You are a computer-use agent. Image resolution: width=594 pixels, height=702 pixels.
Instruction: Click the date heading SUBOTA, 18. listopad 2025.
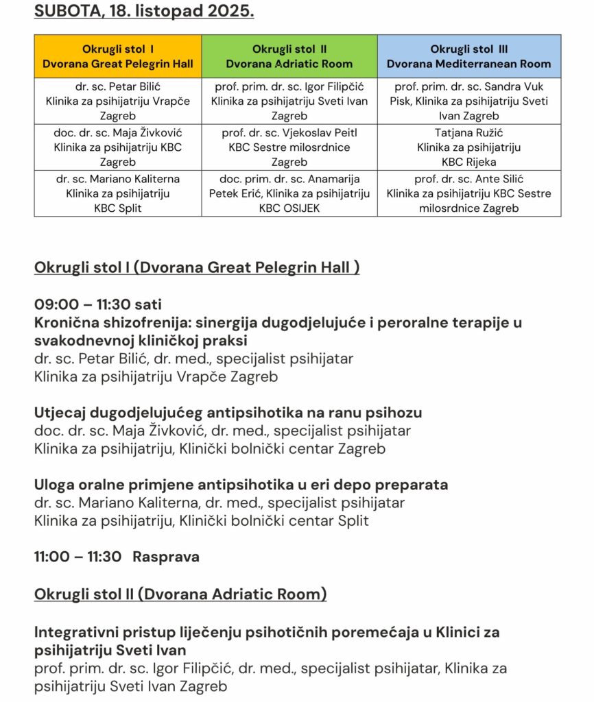pos(144,12)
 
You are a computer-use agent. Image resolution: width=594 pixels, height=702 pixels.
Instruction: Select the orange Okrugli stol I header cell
pos(118,56)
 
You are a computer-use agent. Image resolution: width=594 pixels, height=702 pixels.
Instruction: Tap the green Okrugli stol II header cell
pos(289,56)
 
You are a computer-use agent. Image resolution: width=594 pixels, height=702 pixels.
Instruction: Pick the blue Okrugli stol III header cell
pos(468,56)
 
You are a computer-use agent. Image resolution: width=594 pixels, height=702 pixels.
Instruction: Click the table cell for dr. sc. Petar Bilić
pos(118,101)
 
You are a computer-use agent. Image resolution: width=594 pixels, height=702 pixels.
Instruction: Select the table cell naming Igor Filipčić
pos(289,101)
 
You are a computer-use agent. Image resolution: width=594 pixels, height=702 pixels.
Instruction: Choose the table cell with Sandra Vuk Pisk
pos(468,101)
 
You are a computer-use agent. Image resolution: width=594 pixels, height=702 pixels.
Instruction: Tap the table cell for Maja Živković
pos(118,147)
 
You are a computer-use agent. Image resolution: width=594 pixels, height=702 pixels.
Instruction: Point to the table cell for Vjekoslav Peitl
pos(289,147)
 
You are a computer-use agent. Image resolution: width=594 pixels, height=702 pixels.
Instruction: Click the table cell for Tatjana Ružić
pos(468,147)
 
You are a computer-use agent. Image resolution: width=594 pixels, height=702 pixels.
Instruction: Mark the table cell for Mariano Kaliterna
pos(118,193)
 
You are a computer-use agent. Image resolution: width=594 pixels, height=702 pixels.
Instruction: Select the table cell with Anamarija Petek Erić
pos(289,193)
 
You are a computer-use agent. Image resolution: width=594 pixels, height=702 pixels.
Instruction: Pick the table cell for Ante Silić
pos(468,193)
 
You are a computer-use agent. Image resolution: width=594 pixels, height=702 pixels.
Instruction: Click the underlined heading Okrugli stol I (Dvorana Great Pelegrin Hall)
pos(197,267)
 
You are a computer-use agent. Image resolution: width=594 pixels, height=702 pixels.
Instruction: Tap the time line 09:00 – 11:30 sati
pos(98,304)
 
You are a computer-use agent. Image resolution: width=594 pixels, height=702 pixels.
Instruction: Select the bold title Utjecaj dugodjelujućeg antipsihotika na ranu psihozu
pos(228,413)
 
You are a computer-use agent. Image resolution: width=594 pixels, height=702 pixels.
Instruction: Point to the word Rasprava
pos(166,557)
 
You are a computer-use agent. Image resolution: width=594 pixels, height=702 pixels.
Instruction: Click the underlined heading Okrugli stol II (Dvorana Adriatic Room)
pos(180,594)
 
